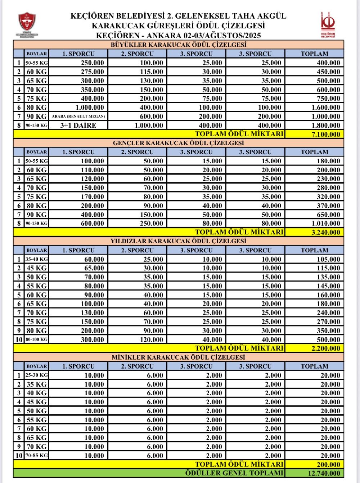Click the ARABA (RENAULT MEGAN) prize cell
(78, 116)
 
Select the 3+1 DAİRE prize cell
(78, 125)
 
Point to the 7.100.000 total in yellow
(325, 134)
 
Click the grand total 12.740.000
(324, 473)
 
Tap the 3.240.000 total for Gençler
(325, 232)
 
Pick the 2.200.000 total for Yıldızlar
(325, 348)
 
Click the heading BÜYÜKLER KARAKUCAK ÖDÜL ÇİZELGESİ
(179, 45)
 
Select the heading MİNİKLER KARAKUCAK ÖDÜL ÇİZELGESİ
(179, 357)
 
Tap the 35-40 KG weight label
(36, 259)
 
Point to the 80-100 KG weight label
(36, 339)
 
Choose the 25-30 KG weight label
(36, 375)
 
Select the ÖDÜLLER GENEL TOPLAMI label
(234, 473)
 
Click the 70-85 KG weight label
(36, 455)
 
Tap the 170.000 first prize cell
(92, 197)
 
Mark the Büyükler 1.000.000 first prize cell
(90, 107)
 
